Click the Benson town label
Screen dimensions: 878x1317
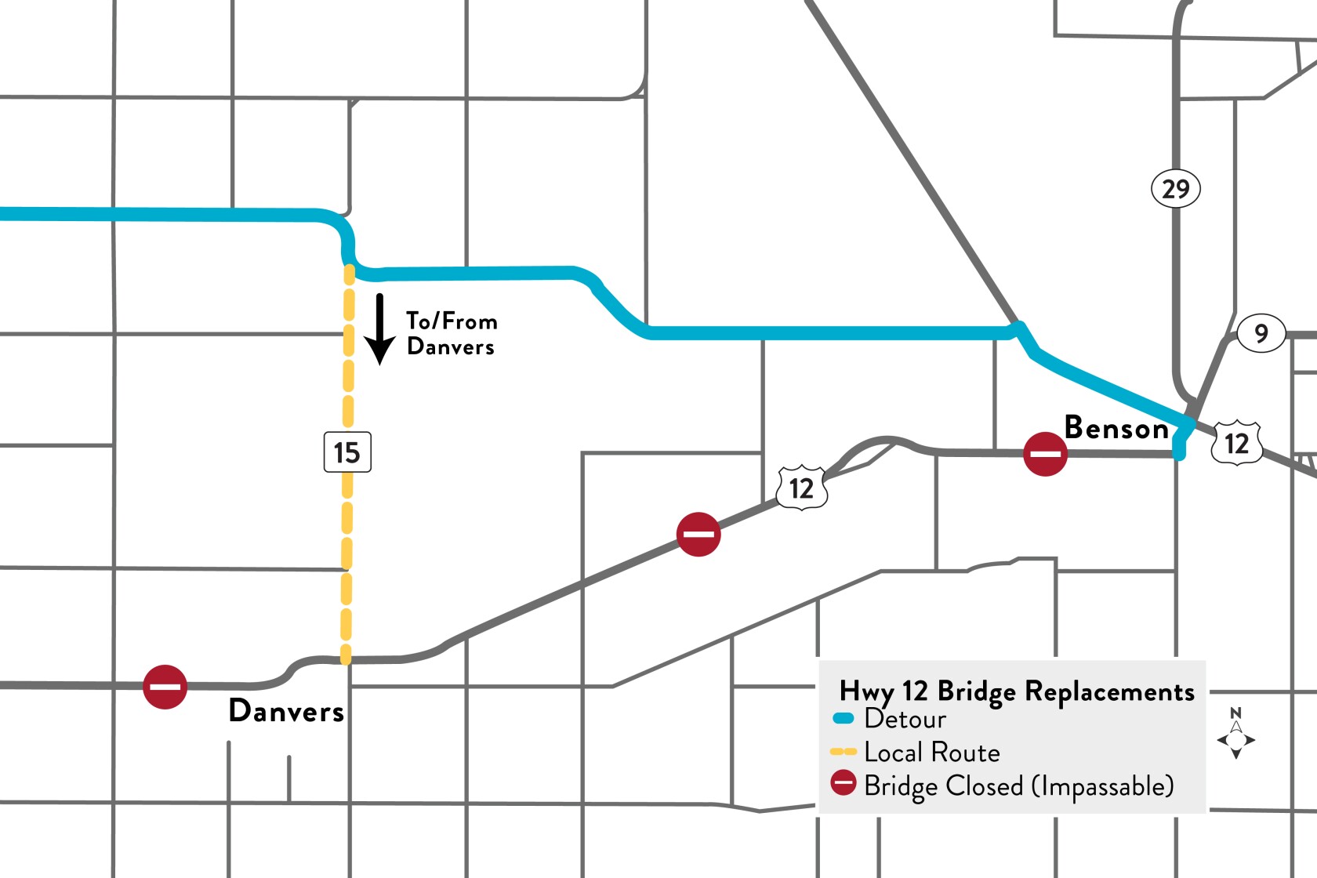(1116, 428)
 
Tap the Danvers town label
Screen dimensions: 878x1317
(286, 711)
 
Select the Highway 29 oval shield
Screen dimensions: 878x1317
(1175, 189)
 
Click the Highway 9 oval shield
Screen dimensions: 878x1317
(1261, 333)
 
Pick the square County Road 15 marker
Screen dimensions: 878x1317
(347, 452)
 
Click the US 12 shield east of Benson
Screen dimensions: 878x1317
(1237, 444)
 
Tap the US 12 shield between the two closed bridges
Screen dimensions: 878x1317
(801, 488)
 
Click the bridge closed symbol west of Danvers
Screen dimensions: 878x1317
(165, 687)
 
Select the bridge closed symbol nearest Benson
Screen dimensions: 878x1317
(1045, 454)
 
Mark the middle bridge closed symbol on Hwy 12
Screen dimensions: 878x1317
(698, 535)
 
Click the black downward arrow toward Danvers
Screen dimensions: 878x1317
(380, 329)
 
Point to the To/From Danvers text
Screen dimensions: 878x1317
(452, 334)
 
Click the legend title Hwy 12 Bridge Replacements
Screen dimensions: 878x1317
(1017, 691)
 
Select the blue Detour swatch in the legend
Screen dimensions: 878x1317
(844, 718)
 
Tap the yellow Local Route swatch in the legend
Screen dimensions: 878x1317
(844, 752)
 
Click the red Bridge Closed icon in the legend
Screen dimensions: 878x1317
(844, 783)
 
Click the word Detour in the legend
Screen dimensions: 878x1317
(905, 719)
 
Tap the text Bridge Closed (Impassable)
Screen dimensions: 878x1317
(1018, 785)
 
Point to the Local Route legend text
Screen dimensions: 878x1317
(932, 753)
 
